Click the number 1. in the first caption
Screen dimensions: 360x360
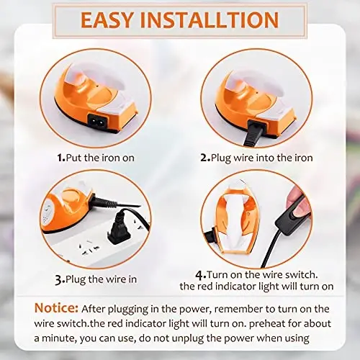60,156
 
